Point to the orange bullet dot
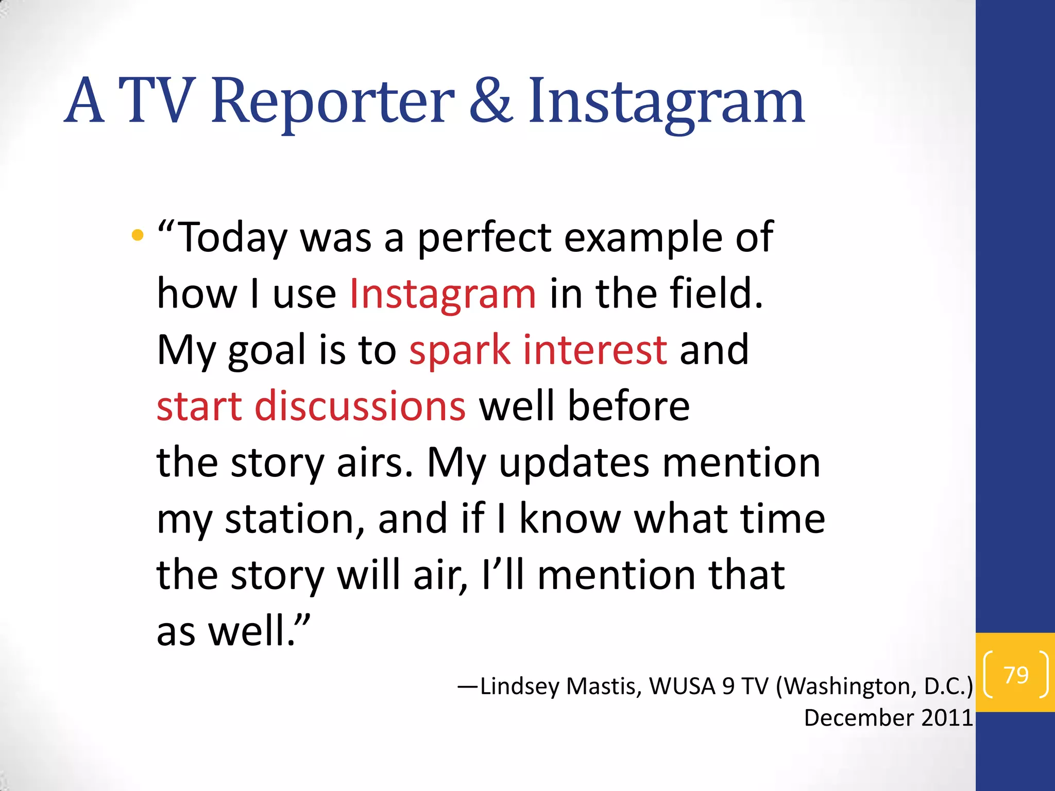pyautogui.click(x=137, y=235)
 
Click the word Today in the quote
pyautogui.click(x=233, y=238)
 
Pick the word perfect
pyautogui.click(x=484, y=238)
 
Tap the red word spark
pyautogui.click(x=460, y=350)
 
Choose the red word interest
pyautogui.click(x=595, y=350)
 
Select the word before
pyautogui.click(x=628, y=406)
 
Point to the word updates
pyautogui.click(x=574, y=462)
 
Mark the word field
pyautogui.click(x=716, y=294)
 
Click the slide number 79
pyautogui.click(x=1016, y=675)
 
